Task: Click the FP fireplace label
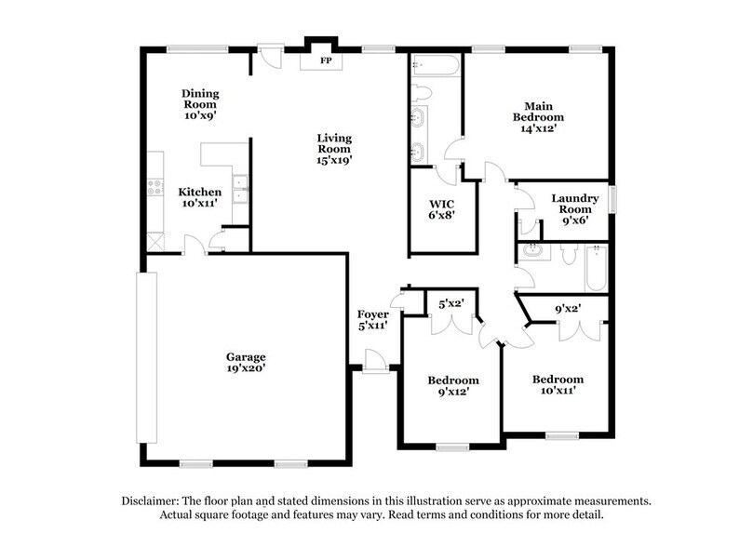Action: pos(327,62)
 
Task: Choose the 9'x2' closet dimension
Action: pos(568,309)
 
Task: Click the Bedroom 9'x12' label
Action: pos(453,386)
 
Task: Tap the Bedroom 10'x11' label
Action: pos(558,385)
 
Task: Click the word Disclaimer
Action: pos(152,500)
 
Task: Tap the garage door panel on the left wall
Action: pos(143,357)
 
